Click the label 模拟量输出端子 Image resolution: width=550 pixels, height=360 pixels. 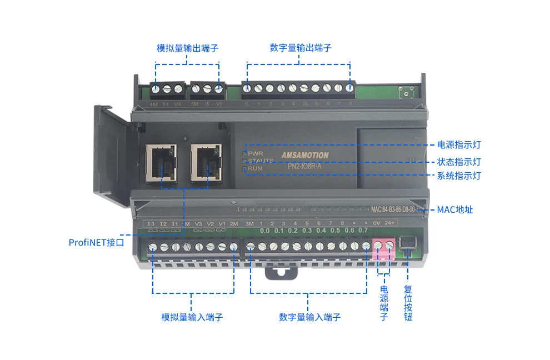tap(188, 48)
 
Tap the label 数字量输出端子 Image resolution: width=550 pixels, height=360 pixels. tap(301, 48)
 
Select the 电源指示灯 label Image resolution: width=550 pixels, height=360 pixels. tap(459, 145)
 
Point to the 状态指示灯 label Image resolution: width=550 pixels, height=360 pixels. tap(459, 162)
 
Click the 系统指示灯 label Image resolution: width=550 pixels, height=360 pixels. tap(459, 176)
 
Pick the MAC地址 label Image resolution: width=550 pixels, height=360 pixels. tap(455, 209)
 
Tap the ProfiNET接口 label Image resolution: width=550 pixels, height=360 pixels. tap(96, 242)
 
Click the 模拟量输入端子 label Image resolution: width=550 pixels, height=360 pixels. tap(192, 317)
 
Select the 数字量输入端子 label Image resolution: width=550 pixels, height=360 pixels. tap(309, 317)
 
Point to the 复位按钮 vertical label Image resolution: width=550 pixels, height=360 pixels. tap(408, 303)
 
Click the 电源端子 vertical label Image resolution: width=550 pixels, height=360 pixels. tap(384, 303)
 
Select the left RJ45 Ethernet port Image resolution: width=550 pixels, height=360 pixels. tap(161, 162)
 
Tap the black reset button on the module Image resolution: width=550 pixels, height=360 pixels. tap(408, 242)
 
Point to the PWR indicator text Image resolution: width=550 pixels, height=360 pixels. tap(255, 153)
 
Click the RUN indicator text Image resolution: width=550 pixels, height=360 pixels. tap(254, 168)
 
